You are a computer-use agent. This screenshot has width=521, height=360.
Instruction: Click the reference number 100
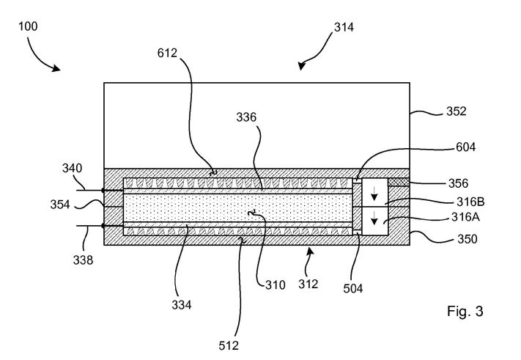pyautogui.click(x=28, y=26)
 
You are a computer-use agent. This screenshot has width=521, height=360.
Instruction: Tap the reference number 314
pyautogui.click(x=344, y=27)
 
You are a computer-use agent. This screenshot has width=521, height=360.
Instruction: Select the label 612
pyautogui.click(x=167, y=53)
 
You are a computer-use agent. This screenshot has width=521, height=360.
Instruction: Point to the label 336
pyautogui.click(x=246, y=117)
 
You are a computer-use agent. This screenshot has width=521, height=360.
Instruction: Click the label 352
pyautogui.click(x=457, y=111)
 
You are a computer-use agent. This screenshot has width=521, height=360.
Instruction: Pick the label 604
pyautogui.click(x=465, y=147)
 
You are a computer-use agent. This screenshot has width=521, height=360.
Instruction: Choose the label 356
pyautogui.click(x=458, y=183)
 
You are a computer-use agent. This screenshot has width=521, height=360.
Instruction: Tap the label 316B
pyautogui.click(x=470, y=202)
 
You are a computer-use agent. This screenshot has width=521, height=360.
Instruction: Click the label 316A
pyautogui.click(x=465, y=217)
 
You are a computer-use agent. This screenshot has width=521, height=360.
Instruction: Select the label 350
pyautogui.click(x=468, y=239)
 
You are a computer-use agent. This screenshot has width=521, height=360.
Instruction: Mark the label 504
pyautogui.click(x=353, y=289)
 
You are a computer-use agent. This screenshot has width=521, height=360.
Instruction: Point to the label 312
pyautogui.click(x=308, y=284)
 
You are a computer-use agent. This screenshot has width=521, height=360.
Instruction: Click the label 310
pyautogui.click(x=276, y=285)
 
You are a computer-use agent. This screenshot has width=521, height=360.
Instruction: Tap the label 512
pyautogui.click(x=229, y=346)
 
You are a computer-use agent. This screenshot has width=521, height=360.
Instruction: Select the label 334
pyautogui.click(x=182, y=304)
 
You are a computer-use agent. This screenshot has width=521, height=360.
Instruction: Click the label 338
pyautogui.click(x=83, y=260)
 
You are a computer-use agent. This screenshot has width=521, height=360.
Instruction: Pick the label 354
pyautogui.click(x=60, y=205)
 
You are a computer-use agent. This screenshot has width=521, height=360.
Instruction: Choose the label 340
pyautogui.click(x=72, y=168)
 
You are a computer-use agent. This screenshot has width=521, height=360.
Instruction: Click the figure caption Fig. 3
pyautogui.click(x=465, y=311)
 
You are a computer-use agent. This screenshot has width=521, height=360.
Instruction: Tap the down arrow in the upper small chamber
pyautogui.click(x=374, y=194)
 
